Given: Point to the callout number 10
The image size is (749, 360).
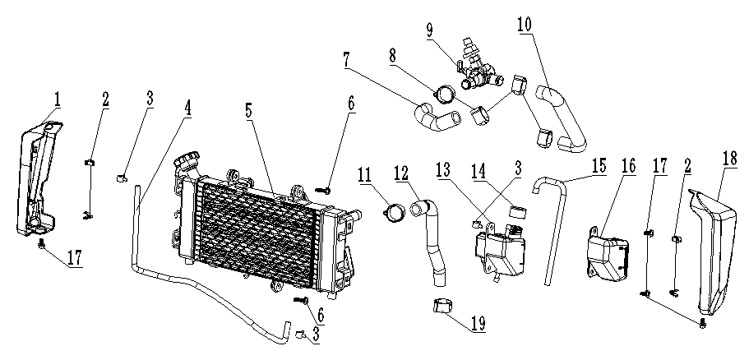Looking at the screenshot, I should [x=524, y=24].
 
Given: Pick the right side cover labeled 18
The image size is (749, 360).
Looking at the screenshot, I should [x=713, y=247].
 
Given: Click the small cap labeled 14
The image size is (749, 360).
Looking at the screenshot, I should [x=518, y=213].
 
